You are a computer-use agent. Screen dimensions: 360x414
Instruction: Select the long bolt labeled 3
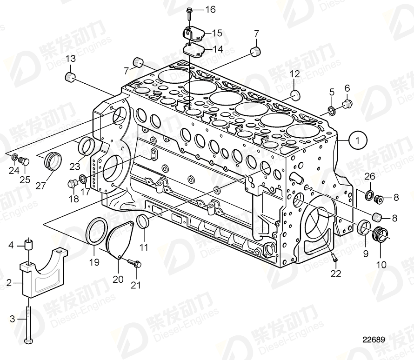click(x=29, y=320)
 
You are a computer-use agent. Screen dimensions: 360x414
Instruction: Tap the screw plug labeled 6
click(x=347, y=103)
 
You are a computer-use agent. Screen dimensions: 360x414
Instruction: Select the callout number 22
click(x=335, y=274)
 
